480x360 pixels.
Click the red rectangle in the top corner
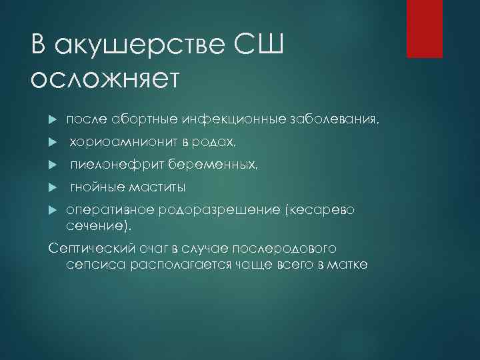click(x=425, y=29)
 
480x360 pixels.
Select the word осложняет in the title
click(x=105, y=78)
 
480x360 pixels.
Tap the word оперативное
click(x=107, y=210)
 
